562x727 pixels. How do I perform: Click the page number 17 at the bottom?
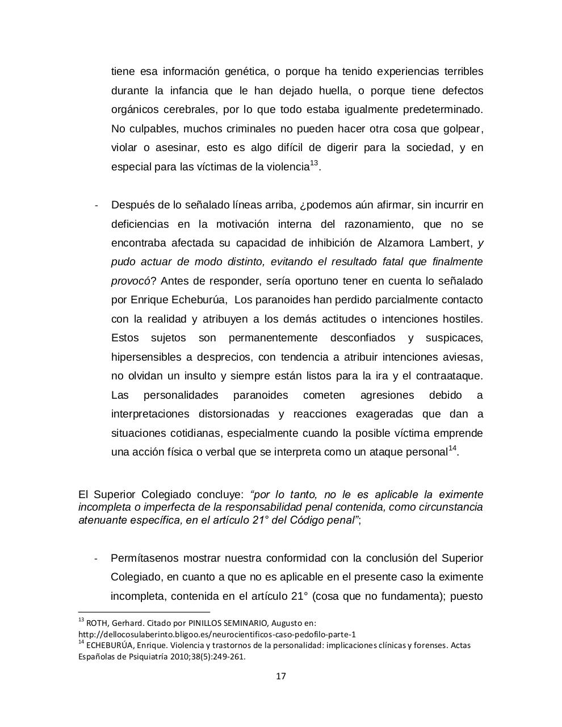280,676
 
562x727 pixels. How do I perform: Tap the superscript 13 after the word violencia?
314,164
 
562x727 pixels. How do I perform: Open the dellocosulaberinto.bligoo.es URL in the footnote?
217,634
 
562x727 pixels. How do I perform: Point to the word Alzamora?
401,243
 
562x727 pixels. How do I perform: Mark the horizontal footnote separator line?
144,612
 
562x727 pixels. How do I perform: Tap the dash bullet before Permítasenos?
96,559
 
